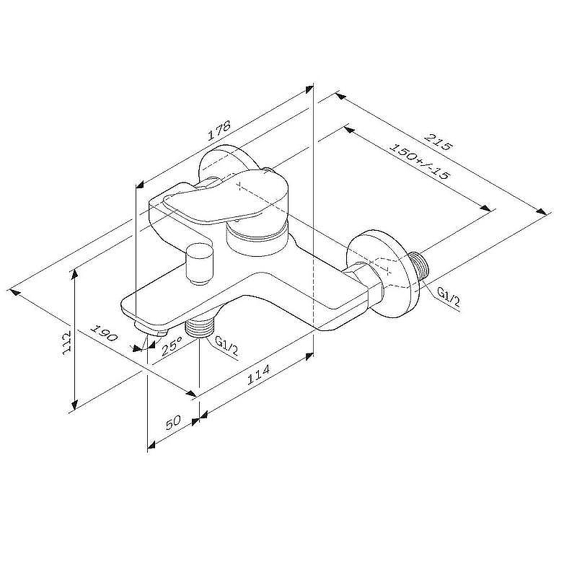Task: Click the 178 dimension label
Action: (x=219, y=130)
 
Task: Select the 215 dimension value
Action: (x=438, y=142)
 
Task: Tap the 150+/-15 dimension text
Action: (x=420, y=161)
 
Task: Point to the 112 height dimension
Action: (x=66, y=342)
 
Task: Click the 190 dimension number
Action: (x=104, y=333)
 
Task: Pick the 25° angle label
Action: (x=172, y=346)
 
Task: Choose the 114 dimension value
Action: (x=258, y=374)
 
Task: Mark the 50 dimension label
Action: (x=174, y=422)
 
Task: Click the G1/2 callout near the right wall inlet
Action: (x=448, y=297)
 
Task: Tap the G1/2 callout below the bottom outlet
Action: (x=226, y=347)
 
